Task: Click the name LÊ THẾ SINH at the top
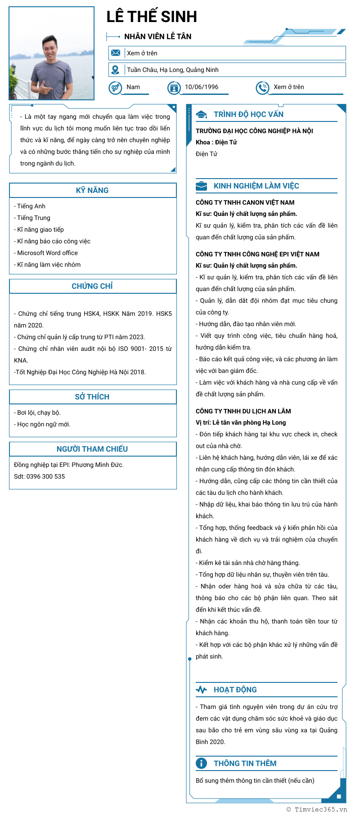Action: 152,17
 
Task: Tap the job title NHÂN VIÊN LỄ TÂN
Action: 157,36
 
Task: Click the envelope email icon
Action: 116,53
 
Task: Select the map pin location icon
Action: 116,70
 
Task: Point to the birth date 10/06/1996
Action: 202,87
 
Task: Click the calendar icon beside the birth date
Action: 174,87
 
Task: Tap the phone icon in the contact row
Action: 262,87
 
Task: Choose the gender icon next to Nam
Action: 115,87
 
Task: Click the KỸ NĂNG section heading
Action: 92,190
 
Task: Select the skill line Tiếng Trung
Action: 33,218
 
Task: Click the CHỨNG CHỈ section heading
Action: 92,286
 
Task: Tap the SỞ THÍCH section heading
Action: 92,397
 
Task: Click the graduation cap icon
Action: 201,114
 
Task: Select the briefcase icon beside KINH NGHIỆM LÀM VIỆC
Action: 201,186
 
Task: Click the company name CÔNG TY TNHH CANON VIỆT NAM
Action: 245,202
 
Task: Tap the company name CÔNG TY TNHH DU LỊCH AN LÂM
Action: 243,411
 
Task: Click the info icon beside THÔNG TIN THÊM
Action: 201,763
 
